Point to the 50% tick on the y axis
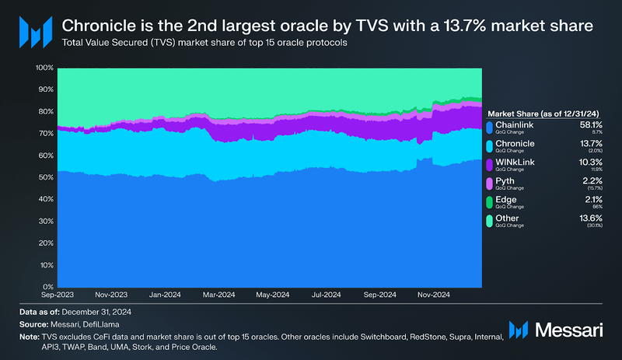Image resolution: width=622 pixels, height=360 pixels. [44, 177]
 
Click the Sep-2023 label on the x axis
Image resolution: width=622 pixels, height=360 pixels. [57, 295]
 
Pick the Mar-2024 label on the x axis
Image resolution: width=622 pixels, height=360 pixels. [219, 295]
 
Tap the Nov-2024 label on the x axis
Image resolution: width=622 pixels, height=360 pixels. [434, 295]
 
